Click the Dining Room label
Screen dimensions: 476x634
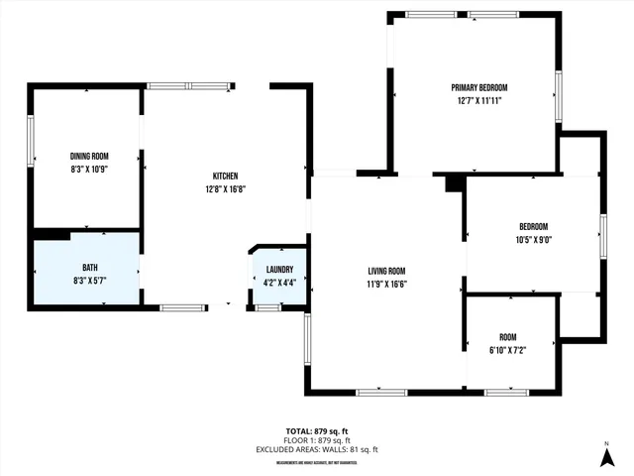pyautogui.click(x=89, y=156)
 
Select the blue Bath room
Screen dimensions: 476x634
pyautogui.click(x=87, y=269)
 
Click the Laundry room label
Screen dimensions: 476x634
pyautogui.click(x=279, y=269)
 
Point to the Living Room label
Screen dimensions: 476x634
pyautogui.click(x=387, y=271)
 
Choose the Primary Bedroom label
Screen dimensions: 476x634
pyautogui.click(x=478, y=88)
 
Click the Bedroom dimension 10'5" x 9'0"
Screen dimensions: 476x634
pyautogui.click(x=533, y=239)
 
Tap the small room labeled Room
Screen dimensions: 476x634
pyautogui.click(x=507, y=336)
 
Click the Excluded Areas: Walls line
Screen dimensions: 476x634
pyautogui.click(x=317, y=449)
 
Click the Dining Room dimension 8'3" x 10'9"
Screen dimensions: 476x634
pyautogui.click(x=89, y=170)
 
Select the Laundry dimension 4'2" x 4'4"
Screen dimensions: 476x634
pyautogui.click(x=279, y=282)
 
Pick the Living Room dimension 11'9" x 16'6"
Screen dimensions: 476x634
pyautogui.click(x=387, y=284)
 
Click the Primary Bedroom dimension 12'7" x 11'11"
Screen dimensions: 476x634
pyautogui.click(x=478, y=101)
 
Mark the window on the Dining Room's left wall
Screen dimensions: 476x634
pyautogui.click(x=31, y=145)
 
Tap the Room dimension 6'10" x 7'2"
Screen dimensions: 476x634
pyautogui.click(x=507, y=349)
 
